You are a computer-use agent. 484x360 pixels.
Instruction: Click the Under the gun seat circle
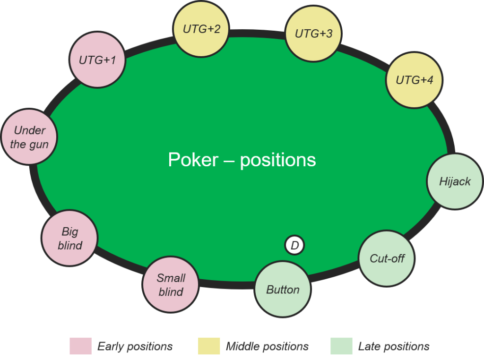[x=29, y=137]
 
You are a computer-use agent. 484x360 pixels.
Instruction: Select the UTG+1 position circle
[x=97, y=60]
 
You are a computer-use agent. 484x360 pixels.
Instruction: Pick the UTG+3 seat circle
[x=313, y=33]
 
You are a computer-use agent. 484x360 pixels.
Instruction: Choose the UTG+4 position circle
[x=415, y=80]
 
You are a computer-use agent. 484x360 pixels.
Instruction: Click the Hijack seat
[x=455, y=181]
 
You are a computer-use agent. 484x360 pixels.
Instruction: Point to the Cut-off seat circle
[x=387, y=258]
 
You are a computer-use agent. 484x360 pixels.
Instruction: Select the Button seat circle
[x=283, y=289]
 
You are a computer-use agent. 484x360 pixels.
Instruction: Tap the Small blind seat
[x=171, y=284]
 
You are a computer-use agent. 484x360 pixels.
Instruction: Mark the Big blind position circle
[x=69, y=238]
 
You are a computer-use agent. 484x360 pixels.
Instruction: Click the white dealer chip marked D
[x=294, y=246]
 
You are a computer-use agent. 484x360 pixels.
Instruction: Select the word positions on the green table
[x=278, y=161]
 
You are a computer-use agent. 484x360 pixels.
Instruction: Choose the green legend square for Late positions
[x=341, y=346]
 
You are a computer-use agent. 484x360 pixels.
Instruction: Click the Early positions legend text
[x=135, y=347]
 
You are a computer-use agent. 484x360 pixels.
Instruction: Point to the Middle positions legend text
[x=267, y=347]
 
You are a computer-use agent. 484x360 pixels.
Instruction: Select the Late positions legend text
[x=394, y=347]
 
